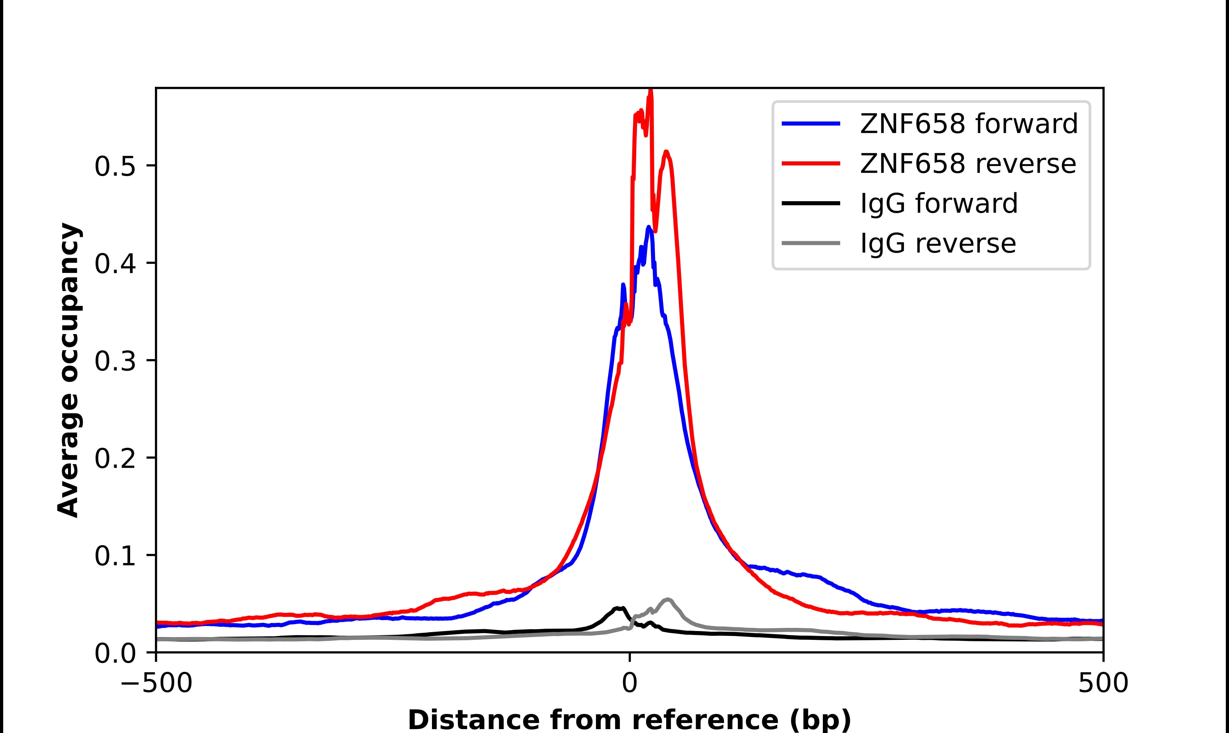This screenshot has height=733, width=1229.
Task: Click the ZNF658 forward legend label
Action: click(x=969, y=124)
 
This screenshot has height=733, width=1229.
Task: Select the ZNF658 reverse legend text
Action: click(x=967, y=164)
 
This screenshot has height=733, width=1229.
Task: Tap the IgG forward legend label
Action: click(x=939, y=204)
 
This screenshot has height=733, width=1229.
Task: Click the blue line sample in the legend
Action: click(x=810, y=124)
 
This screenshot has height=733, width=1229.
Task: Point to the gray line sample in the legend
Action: click(x=810, y=243)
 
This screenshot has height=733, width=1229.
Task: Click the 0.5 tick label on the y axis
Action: click(x=115, y=167)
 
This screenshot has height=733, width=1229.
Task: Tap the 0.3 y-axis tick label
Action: click(x=115, y=362)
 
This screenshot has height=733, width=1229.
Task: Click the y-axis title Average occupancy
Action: click(x=68, y=370)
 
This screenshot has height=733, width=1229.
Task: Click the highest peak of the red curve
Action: click(x=650, y=92)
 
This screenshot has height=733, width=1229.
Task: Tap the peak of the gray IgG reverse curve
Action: click(x=668, y=599)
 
